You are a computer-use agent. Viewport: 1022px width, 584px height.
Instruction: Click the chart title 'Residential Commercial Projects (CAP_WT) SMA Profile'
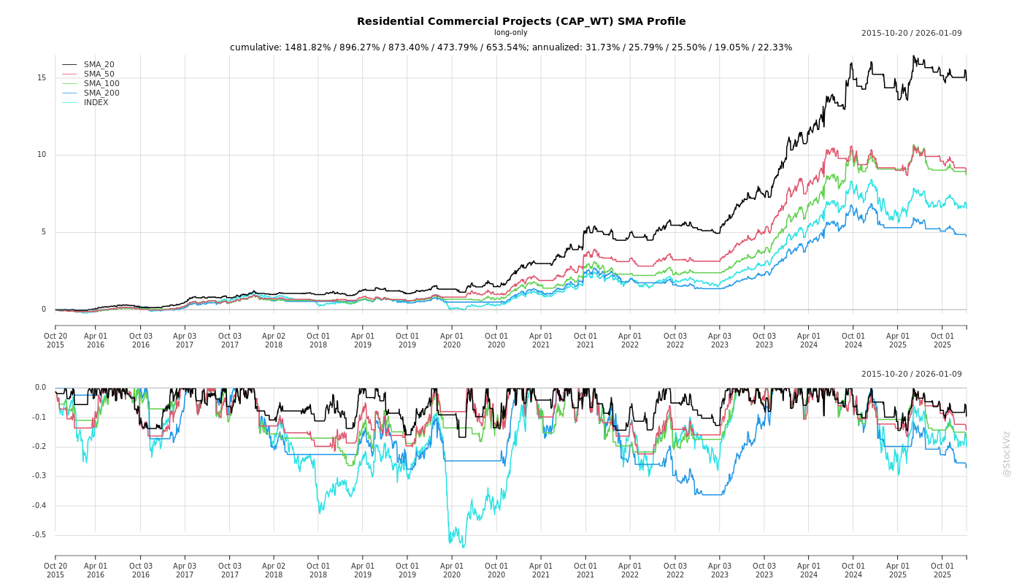[x=521, y=21]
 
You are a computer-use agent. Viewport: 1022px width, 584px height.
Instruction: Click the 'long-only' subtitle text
[x=510, y=33]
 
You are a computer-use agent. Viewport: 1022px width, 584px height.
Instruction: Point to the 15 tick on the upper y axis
[x=42, y=77]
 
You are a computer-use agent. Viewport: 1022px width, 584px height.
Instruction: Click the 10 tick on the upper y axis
[x=42, y=155]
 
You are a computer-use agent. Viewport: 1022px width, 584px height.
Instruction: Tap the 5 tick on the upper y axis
[x=44, y=232]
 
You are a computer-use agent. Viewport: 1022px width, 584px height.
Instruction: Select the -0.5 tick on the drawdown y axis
[x=39, y=535]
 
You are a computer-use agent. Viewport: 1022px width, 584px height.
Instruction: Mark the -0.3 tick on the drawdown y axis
[x=39, y=476]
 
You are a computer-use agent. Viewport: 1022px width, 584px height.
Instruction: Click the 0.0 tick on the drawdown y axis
[x=40, y=388]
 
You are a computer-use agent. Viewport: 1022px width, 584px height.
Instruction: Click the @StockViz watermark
[x=1007, y=453]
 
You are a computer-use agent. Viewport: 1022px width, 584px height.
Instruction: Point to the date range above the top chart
[x=911, y=33]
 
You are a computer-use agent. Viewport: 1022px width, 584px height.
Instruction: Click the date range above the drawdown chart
[x=911, y=374]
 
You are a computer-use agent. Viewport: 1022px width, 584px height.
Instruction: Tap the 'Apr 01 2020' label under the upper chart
[x=452, y=340]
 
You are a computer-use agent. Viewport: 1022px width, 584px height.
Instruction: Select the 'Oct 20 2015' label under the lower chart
[x=55, y=570]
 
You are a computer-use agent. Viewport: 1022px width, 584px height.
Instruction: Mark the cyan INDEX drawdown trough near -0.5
[x=462, y=546]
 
